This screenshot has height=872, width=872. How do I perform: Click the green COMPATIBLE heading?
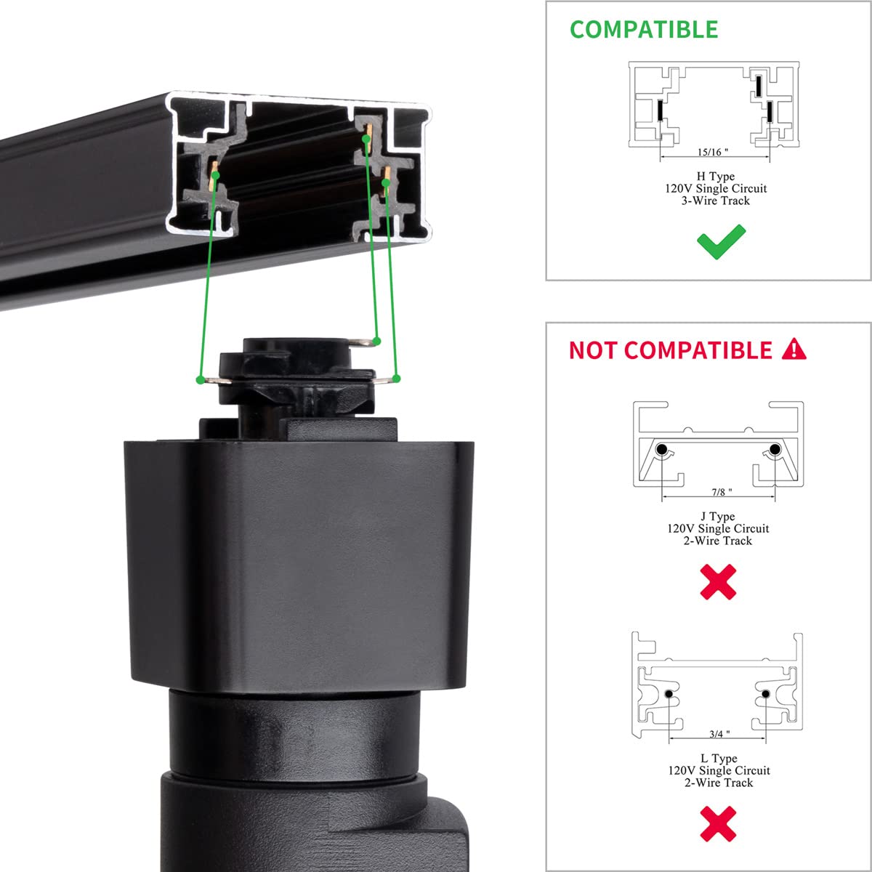point(644,29)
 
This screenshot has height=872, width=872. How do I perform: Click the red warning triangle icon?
point(794,350)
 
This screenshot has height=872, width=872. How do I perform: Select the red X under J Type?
point(718,582)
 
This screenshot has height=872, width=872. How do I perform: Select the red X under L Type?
point(718,824)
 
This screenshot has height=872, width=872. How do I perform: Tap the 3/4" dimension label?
point(719,735)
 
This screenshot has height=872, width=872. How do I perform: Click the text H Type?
point(715,177)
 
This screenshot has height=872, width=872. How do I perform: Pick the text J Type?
point(718,517)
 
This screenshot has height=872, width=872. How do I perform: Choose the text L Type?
point(718,759)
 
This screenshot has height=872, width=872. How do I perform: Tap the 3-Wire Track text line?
point(715,201)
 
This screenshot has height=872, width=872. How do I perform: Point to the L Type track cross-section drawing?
point(718,687)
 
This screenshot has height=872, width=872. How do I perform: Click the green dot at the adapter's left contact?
point(200,379)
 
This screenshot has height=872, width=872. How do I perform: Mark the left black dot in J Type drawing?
point(662,451)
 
